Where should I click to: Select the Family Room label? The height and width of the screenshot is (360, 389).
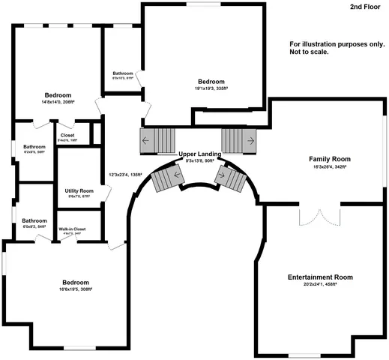coord(331,159)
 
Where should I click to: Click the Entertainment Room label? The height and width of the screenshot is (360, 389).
coord(320,277)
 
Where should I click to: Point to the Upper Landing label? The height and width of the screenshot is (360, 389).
coord(199,154)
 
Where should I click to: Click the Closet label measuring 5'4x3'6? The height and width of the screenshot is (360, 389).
coord(67,136)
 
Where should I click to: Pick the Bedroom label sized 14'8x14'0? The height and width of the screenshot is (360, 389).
coord(58,95)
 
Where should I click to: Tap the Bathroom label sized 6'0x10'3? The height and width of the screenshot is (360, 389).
coord(122,73)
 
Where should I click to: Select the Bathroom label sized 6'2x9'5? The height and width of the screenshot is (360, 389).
coord(34,146)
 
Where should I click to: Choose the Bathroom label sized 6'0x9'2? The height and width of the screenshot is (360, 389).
coord(34,220)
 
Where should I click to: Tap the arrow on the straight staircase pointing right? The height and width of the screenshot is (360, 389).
coord(250,140)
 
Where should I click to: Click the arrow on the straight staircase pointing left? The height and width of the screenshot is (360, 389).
coord(145,140)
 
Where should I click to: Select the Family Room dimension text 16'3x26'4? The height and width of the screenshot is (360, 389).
coord(331,168)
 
